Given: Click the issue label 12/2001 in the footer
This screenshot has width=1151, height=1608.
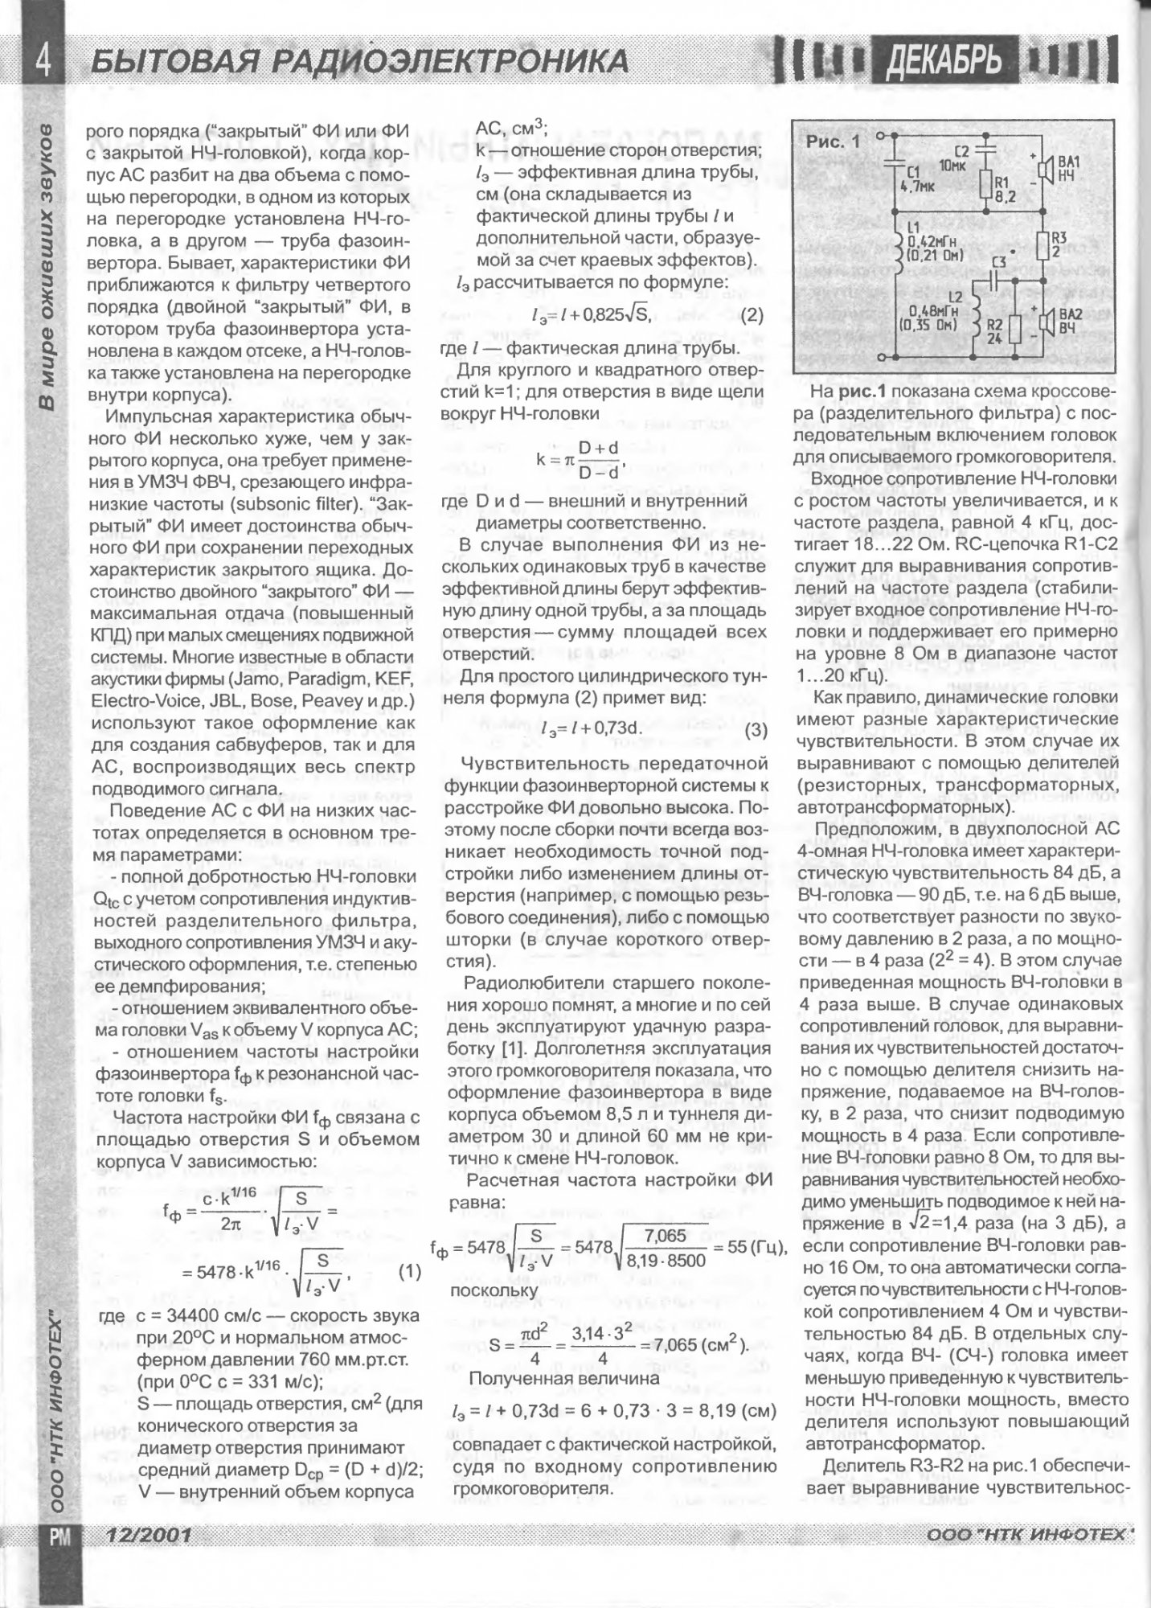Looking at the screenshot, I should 144,1536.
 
